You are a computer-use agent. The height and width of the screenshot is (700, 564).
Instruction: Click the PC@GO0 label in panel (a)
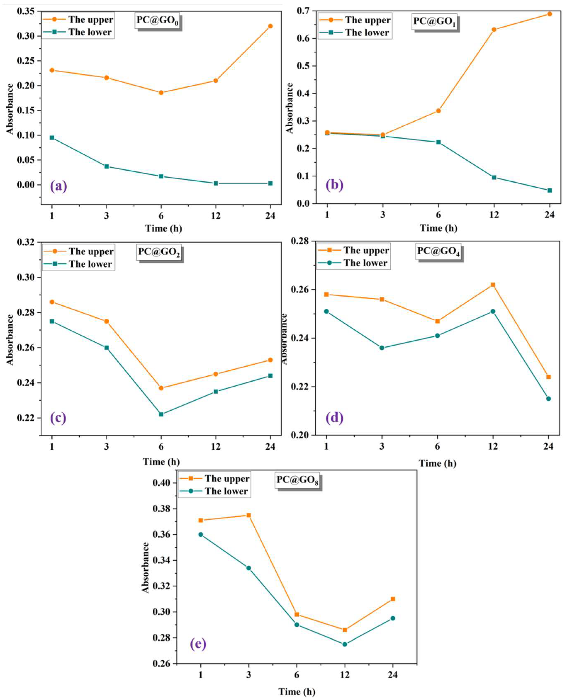[158, 21]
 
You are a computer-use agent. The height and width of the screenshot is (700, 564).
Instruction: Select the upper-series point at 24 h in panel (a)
[270, 26]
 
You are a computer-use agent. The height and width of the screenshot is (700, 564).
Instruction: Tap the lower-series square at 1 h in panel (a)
[52, 138]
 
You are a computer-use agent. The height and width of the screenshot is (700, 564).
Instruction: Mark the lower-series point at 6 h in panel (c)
[161, 414]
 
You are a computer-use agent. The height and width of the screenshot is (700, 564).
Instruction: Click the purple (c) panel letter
[58, 418]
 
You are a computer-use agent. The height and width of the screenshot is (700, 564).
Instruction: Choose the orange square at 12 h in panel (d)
[493, 285]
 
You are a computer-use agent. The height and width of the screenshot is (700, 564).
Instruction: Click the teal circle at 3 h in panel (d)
[382, 348]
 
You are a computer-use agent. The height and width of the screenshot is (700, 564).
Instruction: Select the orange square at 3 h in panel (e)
[249, 515]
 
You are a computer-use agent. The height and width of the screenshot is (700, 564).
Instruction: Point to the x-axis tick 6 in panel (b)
[438, 215]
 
